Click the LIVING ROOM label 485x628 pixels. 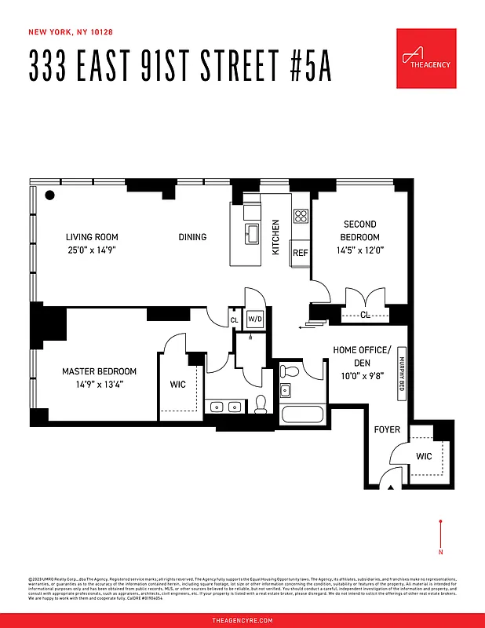(x=91, y=237)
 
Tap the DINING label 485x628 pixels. (x=192, y=237)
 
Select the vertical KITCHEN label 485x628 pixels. (x=275, y=237)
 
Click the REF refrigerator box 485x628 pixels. (x=300, y=253)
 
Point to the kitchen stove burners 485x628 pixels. (x=300, y=216)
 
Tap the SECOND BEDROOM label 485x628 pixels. (x=359, y=231)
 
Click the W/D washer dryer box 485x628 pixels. (x=255, y=319)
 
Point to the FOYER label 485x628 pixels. (x=386, y=429)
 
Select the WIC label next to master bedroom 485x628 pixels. (x=178, y=385)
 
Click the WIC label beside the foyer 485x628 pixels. (x=425, y=455)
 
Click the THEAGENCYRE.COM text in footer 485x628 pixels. (x=242, y=620)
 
